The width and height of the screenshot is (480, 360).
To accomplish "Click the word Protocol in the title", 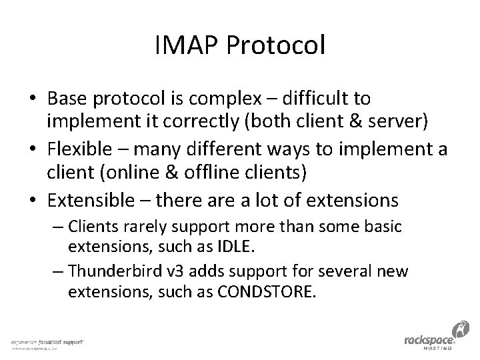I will [x=275, y=46].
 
